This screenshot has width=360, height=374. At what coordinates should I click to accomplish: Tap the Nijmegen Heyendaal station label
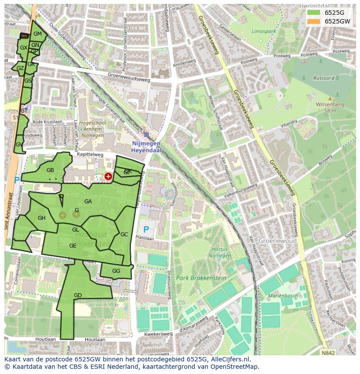(146, 146)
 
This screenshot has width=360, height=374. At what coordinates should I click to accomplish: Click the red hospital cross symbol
(108, 176)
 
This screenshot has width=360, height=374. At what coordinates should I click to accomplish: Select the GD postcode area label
(78, 295)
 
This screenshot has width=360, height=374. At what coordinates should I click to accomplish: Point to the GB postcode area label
(50, 170)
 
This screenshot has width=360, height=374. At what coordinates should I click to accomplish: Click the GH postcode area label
(42, 218)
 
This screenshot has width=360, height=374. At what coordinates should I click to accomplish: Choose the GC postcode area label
(124, 235)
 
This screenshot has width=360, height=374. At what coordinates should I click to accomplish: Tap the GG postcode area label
(116, 271)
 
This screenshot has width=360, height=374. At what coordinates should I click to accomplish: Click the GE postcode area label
(73, 246)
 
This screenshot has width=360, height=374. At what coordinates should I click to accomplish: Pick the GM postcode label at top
(37, 34)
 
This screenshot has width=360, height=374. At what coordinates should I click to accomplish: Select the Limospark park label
(263, 32)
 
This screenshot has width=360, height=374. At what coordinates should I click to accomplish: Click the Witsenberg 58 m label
(330, 107)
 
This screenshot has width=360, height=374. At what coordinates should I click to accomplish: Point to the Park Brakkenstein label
(195, 278)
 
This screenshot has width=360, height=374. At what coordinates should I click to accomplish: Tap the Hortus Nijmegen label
(220, 252)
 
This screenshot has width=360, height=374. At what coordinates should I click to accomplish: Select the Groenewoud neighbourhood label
(277, 241)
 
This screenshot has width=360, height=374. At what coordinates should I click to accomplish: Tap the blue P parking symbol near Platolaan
(146, 229)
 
